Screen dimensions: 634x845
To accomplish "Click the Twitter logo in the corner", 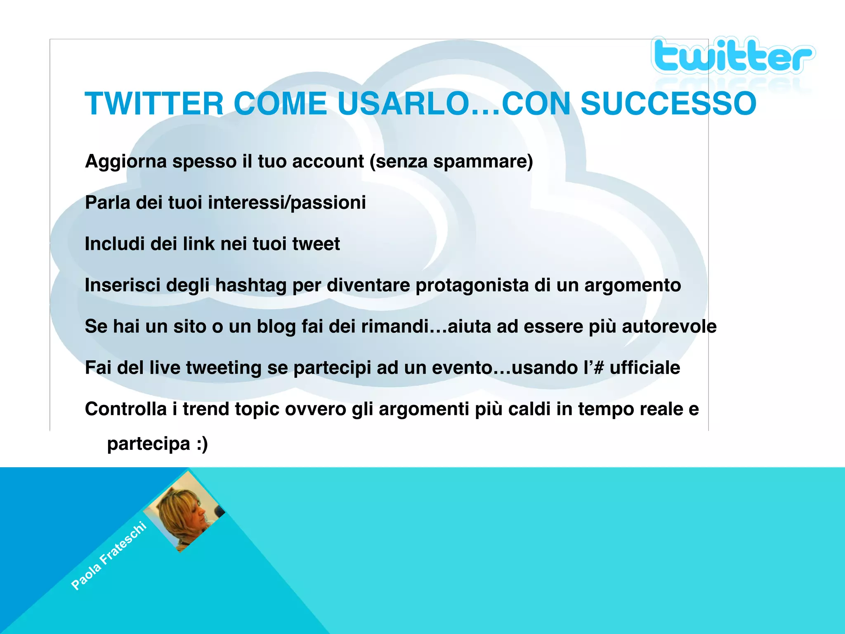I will click(x=732, y=56).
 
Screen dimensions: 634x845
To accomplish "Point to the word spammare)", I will click(x=483, y=161).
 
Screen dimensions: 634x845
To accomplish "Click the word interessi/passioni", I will click(x=287, y=203).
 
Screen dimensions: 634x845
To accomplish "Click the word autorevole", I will click(x=669, y=326).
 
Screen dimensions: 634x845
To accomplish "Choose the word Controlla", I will click(x=125, y=409).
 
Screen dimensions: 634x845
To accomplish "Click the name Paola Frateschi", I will click(x=109, y=556).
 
